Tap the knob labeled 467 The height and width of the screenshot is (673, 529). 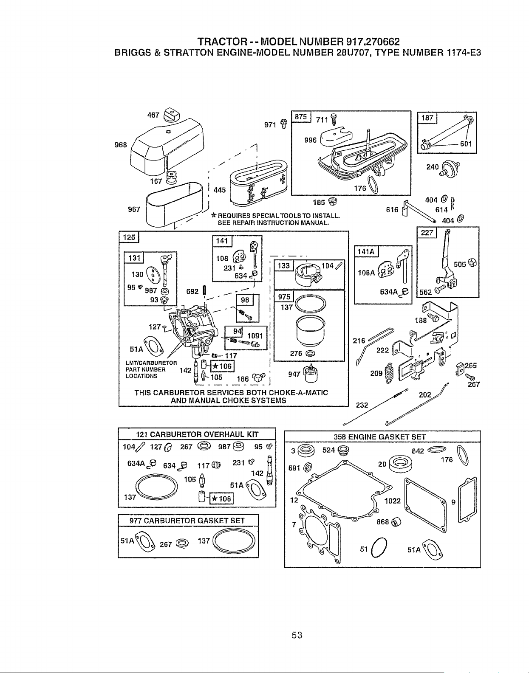point(171,115)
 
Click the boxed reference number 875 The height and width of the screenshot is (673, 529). point(301,117)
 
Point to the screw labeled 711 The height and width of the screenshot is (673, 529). point(333,119)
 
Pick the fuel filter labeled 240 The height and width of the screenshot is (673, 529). point(450,168)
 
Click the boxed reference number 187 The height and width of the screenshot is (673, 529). point(427,118)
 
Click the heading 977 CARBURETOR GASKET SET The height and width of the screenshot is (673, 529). point(187,520)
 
